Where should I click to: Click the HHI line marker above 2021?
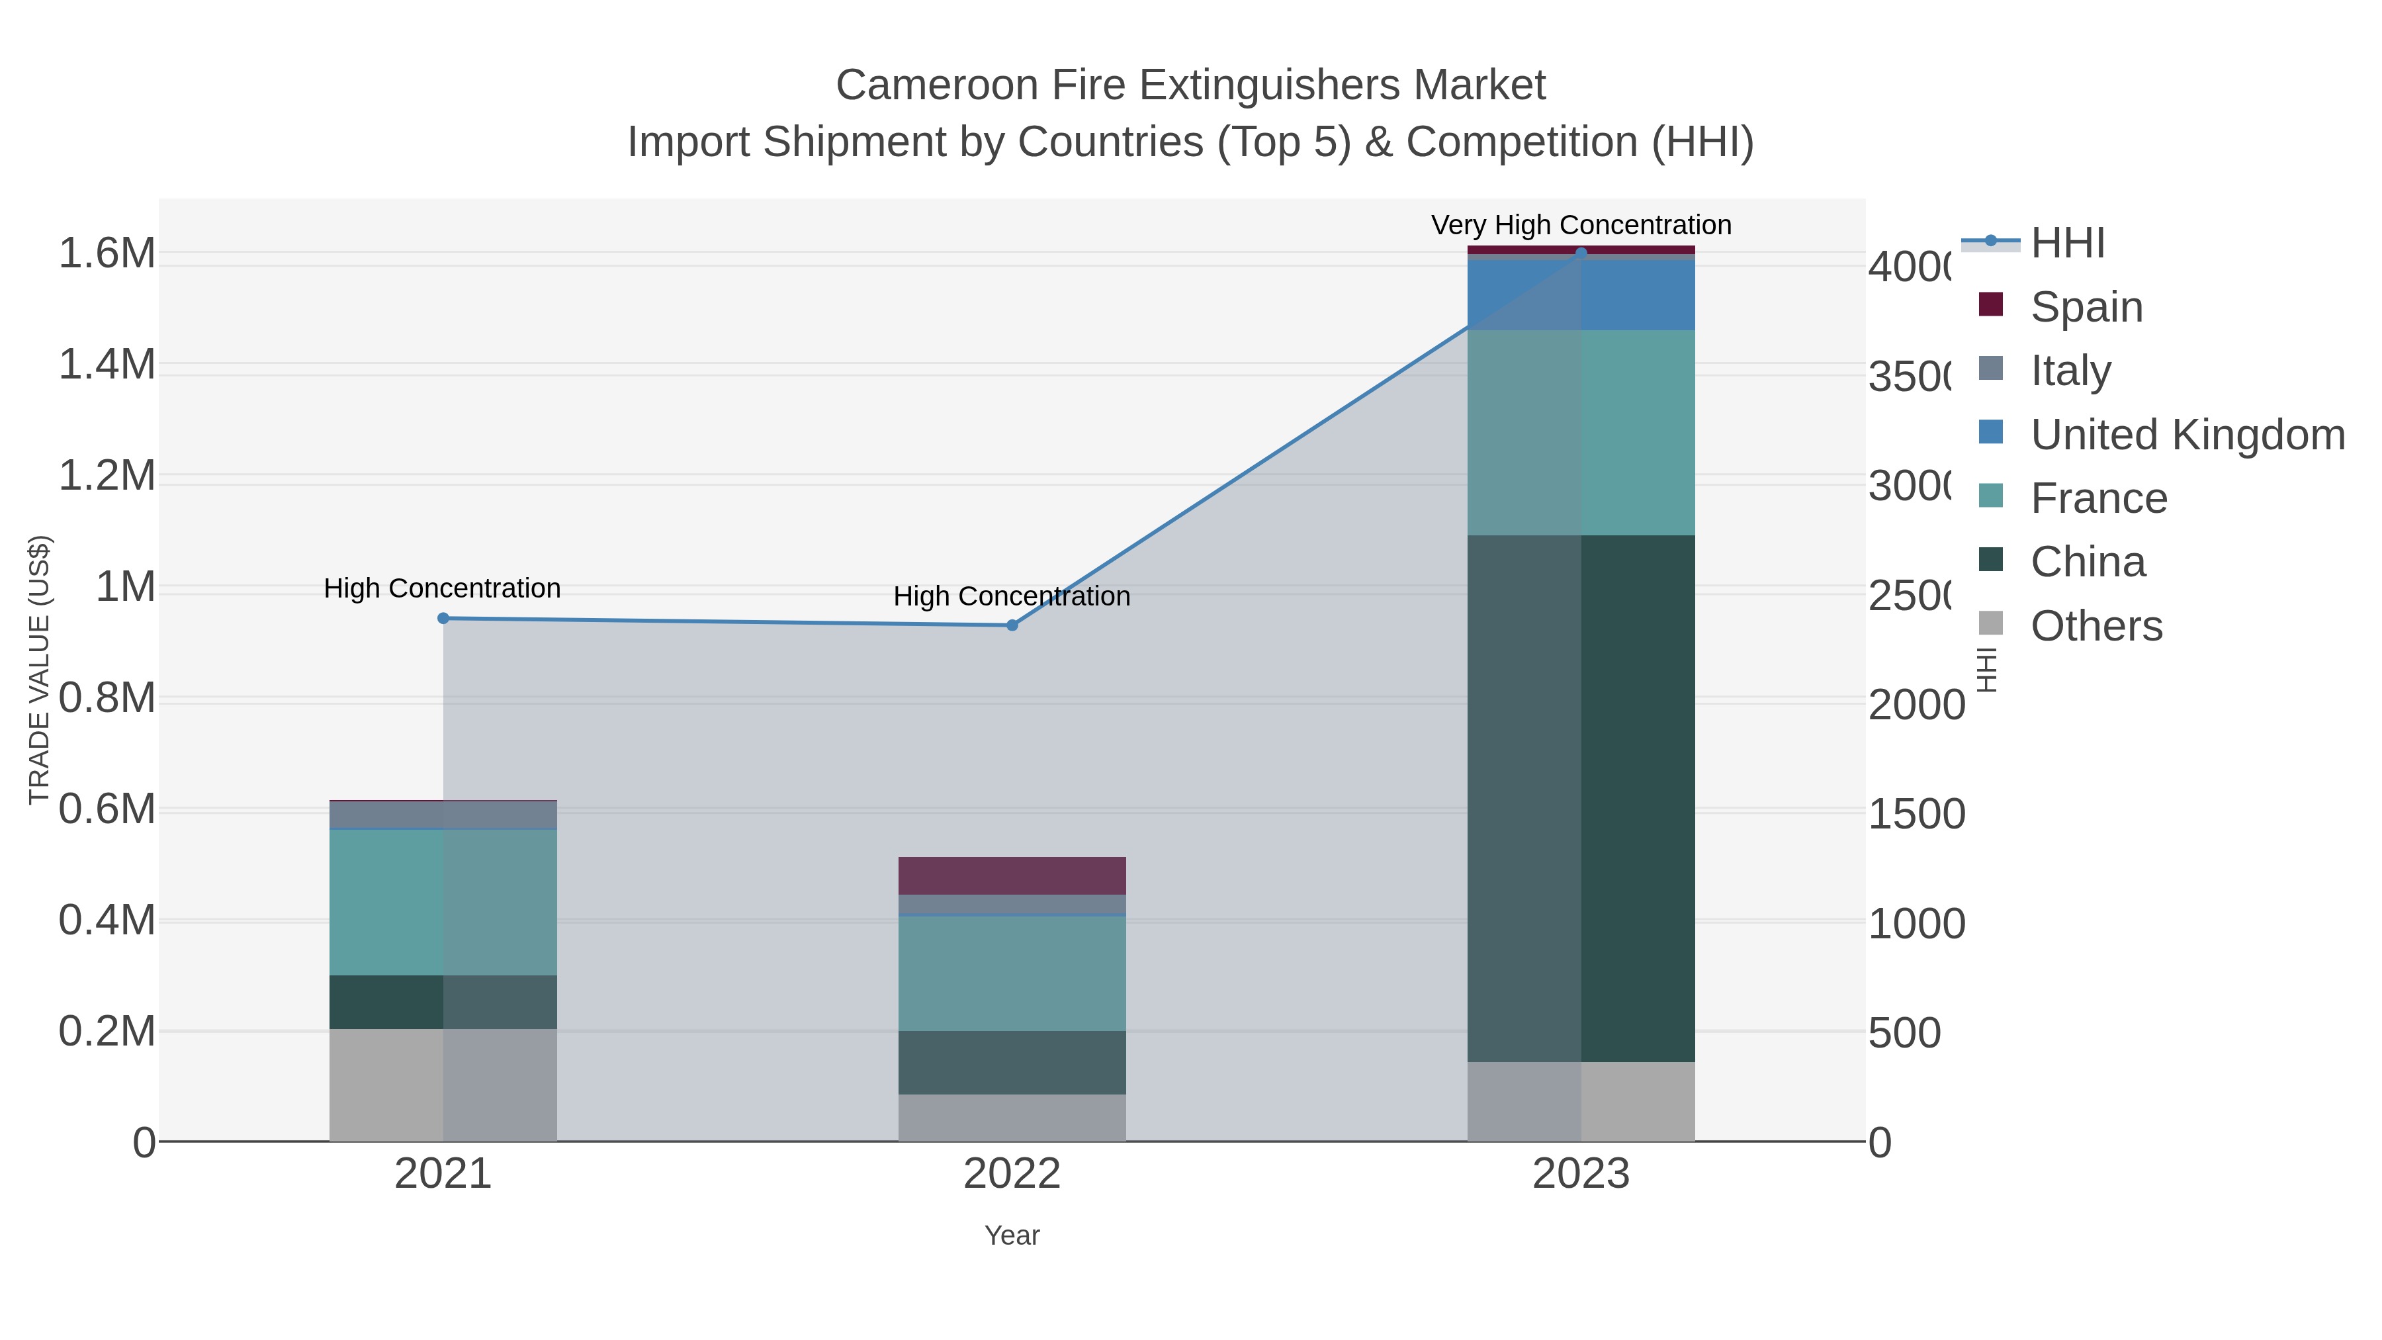(443, 619)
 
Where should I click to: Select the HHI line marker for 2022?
(1012, 626)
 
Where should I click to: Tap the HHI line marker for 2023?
(1580, 253)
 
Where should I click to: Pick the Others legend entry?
(2095, 626)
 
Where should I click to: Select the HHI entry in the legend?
(2068, 244)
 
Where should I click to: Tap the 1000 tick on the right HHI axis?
(1916, 924)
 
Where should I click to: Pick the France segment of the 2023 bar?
(1580, 432)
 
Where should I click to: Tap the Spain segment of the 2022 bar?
(1012, 875)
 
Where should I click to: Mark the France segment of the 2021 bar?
(443, 902)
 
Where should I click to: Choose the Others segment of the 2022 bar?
(1012, 1117)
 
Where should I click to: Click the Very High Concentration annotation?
(1580, 226)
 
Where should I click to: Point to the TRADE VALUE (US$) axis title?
(39, 670)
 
